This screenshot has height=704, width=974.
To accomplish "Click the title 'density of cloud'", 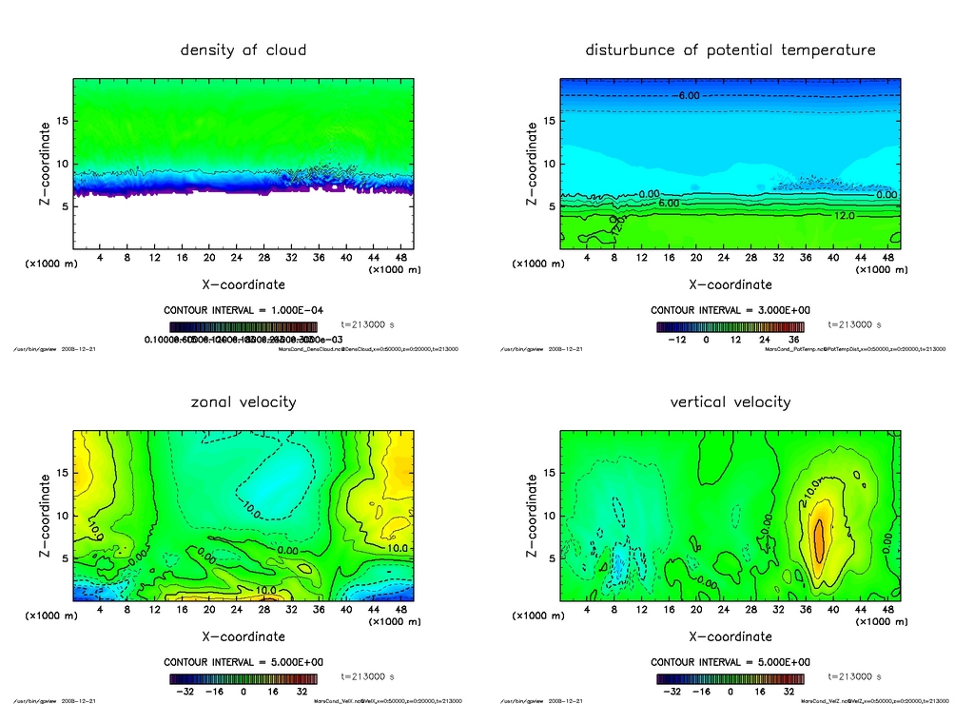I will click(243, 49).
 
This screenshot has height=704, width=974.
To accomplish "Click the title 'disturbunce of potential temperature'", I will click(730, 49).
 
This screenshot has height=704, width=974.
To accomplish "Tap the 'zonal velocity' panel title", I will click(243, 401).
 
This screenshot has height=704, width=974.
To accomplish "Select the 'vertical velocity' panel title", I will click(730, 401).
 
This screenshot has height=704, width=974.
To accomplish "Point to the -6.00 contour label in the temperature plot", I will click(688, 95).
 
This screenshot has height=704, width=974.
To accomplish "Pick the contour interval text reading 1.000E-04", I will click(243, 310).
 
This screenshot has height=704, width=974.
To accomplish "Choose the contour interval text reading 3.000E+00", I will click(730, 310).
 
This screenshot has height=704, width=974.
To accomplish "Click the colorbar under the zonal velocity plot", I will click(243, 679).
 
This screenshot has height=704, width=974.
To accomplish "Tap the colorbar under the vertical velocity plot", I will click(730, 679).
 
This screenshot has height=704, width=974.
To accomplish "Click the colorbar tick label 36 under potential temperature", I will click(794, 340).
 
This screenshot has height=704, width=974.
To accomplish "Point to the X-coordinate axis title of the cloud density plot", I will click(243, 284).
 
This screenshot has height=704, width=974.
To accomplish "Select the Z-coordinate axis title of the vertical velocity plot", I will click(532, 516).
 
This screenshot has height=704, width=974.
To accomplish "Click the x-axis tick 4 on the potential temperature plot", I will click(587, 258).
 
